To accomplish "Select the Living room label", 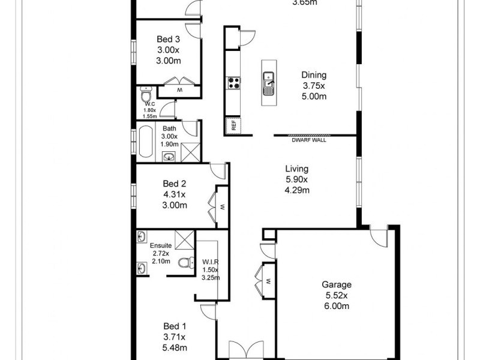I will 296,169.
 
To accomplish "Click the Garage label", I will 336,285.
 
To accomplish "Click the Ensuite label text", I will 161,246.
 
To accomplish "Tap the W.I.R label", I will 210,261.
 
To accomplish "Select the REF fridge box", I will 231,125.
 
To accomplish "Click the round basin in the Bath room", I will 169,157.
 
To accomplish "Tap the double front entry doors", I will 246,350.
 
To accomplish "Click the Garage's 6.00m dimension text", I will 336,306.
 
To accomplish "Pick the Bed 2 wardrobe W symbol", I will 221,206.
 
